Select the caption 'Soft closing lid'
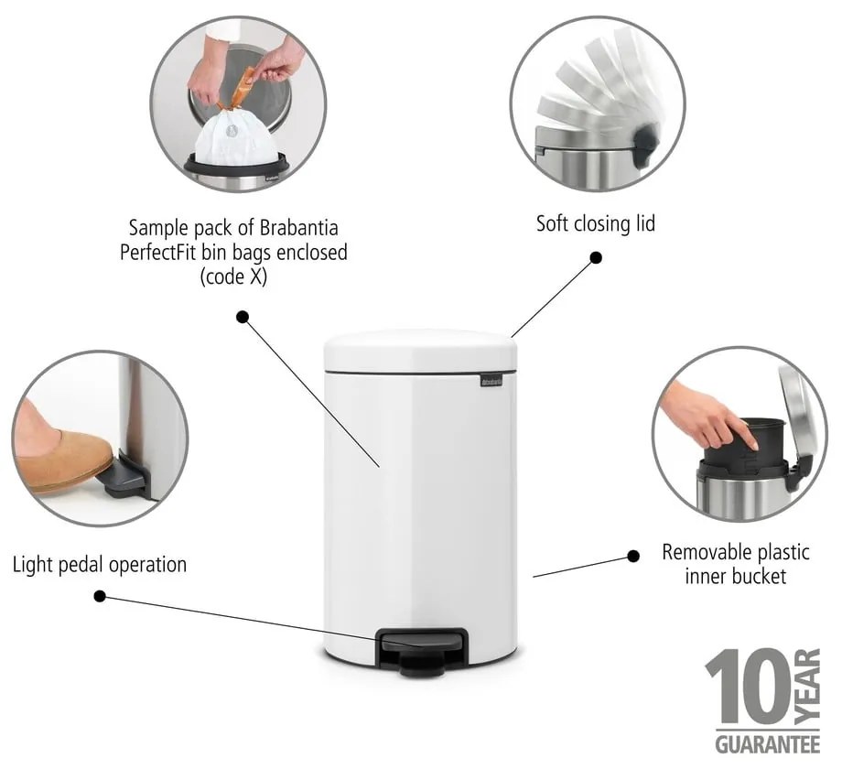595,223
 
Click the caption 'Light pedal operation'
100,564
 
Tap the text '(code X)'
233,276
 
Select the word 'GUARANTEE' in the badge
755,742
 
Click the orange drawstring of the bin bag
243,92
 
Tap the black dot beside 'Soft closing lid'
596,258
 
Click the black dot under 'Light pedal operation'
100,596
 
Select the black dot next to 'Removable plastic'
632,556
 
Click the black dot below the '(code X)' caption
243,317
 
